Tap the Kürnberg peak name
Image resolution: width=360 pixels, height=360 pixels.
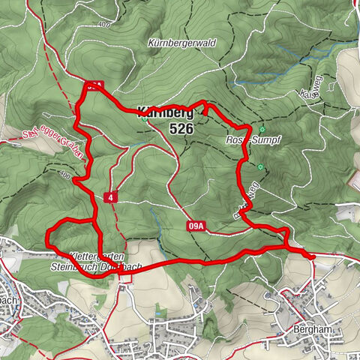[x=165, y=114]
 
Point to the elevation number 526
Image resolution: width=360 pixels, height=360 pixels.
[x=182, y=129]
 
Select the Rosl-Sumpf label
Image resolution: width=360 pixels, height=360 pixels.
[x=246, y=140]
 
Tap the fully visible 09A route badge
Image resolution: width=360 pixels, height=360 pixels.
[x=197, y=225]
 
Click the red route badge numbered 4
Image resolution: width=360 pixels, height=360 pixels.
[x=110, y=196]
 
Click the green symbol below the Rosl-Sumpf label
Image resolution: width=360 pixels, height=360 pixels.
[x=260, y=167]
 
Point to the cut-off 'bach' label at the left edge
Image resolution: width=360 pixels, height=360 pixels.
[x=8, y=299]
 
